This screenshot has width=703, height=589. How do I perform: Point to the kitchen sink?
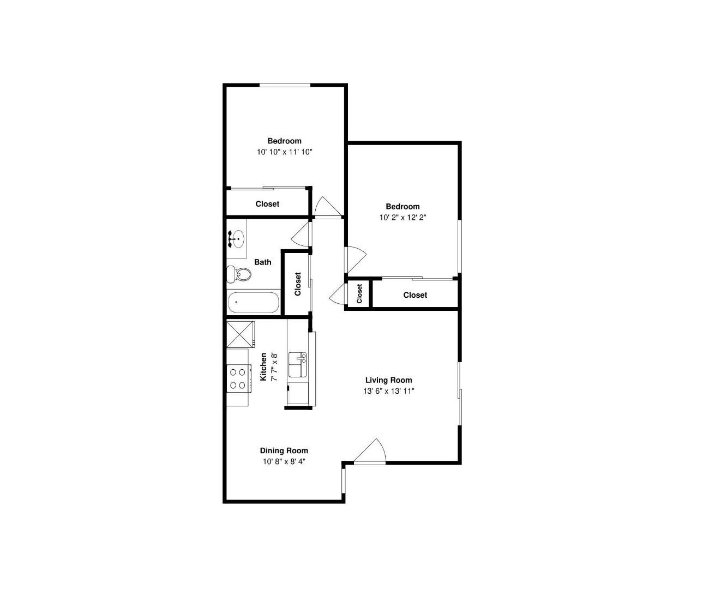[x=297, y=365]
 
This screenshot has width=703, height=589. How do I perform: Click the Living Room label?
[x=388, y=380]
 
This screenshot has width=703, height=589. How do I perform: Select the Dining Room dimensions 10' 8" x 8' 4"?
[x=284, y=462]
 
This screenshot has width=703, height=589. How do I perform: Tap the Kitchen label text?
[x=263, y=366]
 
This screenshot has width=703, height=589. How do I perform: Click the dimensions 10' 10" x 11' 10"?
[x=284, y=152]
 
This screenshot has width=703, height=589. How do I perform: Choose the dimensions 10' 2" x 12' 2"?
[x=402, y=218]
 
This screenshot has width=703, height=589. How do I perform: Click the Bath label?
[x=262, y=262]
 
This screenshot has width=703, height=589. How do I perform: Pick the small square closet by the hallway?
[x=359, y=294]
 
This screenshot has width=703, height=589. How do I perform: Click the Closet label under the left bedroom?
[x=267, y=204]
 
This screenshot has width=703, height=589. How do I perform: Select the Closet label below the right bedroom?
[x=415, y=295]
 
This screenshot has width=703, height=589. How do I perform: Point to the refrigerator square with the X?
[x=241, y=334]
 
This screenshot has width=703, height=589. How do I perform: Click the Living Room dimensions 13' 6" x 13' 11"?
[x=388, y=391]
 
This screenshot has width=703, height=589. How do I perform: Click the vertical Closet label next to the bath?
[x=298, y=284]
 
